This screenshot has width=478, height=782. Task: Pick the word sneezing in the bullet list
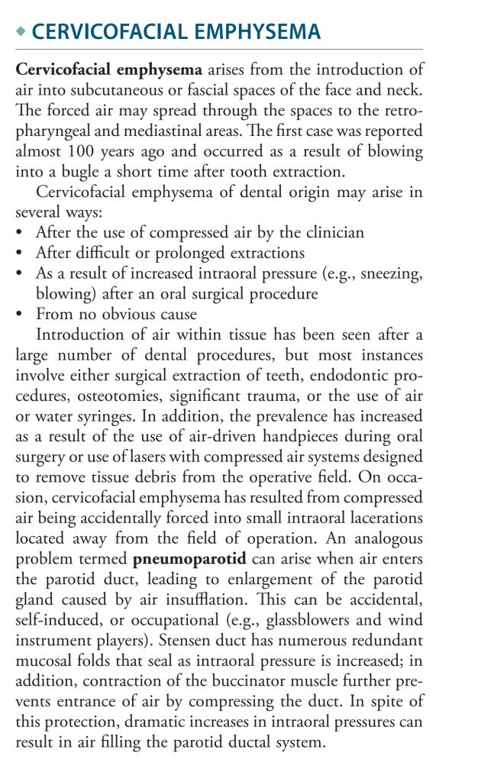[393, 273]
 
